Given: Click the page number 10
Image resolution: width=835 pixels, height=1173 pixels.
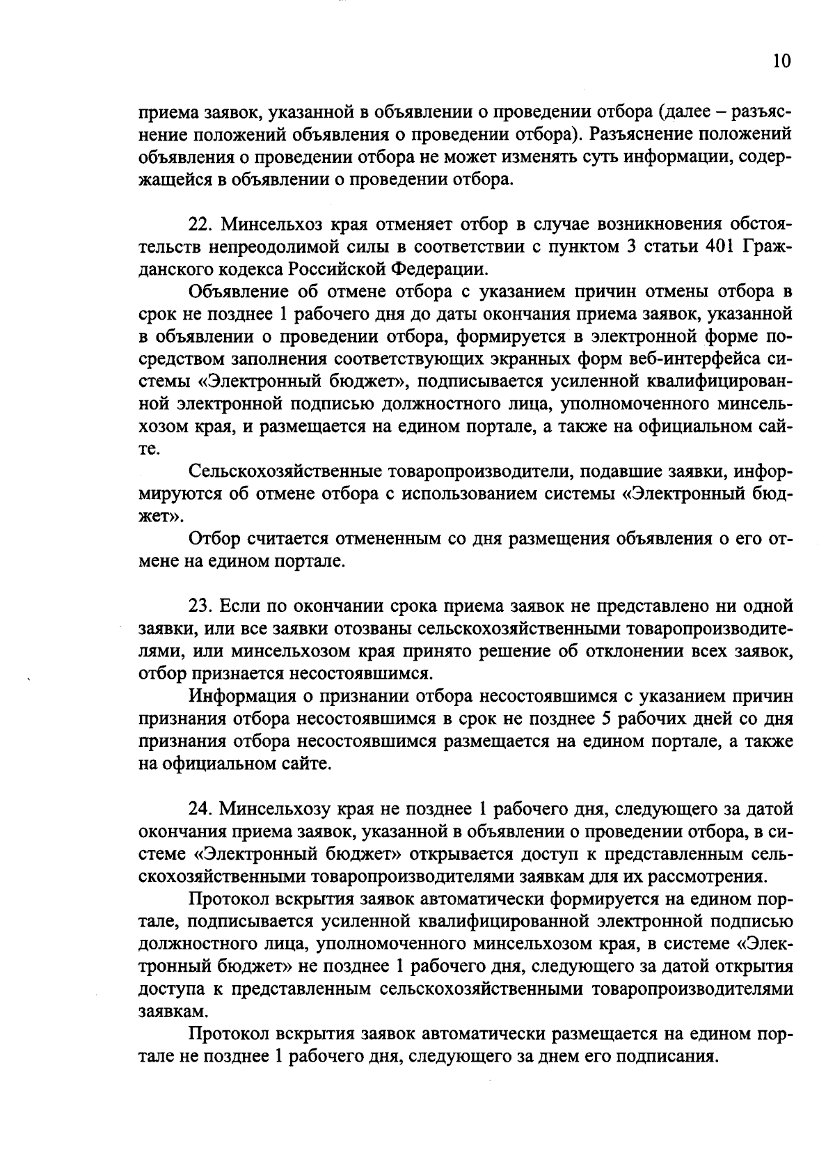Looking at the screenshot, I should (781, 61).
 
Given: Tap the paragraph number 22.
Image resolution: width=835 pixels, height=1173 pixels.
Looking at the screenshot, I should (201, 225).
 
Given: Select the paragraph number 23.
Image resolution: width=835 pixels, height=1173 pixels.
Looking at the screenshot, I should (201, 606).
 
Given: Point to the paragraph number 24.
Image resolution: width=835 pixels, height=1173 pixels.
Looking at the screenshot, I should (201, 809).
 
